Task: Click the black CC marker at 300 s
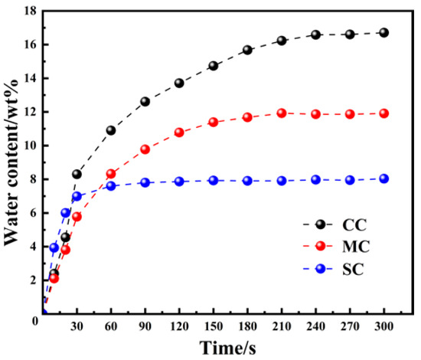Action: (x=383, y=33)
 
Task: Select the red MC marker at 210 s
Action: (x=281, y=113)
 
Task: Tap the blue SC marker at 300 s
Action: (x=383, y=178)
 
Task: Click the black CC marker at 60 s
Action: (x=111, y=130)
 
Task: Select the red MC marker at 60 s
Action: (x=111, y=174)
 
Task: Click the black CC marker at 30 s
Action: (x=77, y=175)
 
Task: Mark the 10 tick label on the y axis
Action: (x=29, y=146)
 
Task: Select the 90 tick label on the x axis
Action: (x=145, y=327)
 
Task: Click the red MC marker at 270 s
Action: (x=349, y=114)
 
